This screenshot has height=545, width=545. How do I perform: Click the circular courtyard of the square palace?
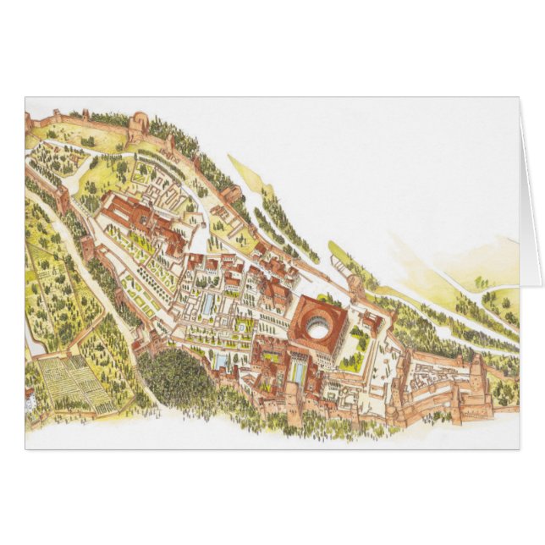coord(318,330)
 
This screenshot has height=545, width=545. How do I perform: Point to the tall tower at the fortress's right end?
coord(476,372)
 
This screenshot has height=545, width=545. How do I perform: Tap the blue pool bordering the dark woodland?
coord(220,361)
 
